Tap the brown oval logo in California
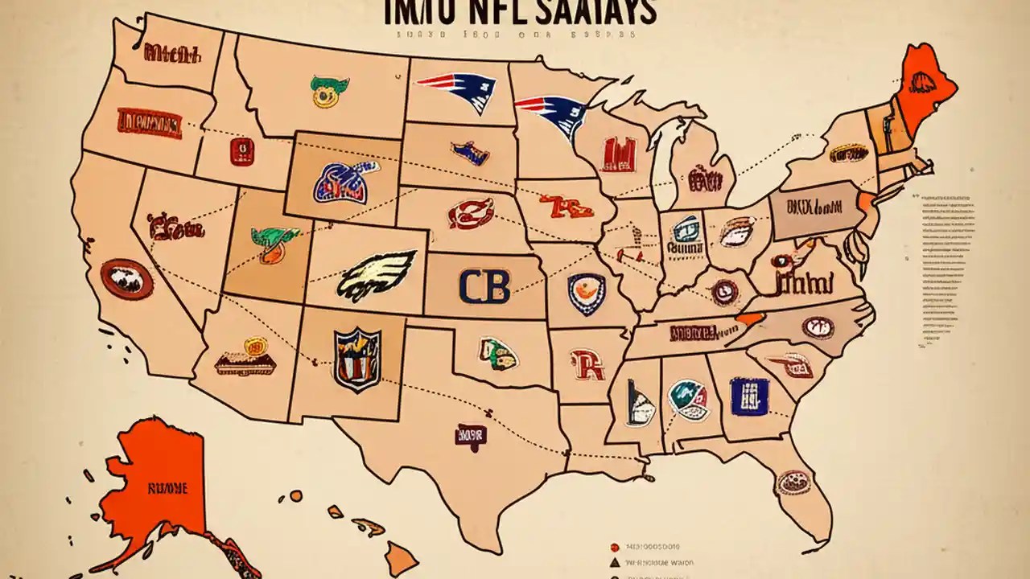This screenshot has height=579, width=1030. pyautogui.click(x=126, y=280)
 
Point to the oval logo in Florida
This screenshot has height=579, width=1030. pyautogui.click(x=793, y=482)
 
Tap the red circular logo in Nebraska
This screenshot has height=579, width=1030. pyautogui.click(x=471, y=214)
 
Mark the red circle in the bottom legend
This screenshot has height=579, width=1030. pyautogui.click(x=614, y=542)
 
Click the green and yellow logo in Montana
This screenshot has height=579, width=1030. pyautogui.click(x=328, y=88)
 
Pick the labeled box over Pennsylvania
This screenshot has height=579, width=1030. pyautogui.click(x=814, y=210)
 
